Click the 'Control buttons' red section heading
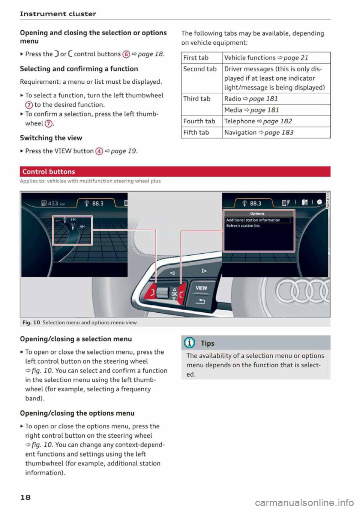pos(49,172)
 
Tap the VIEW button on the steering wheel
pos(201,288)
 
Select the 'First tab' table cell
pos(196,58)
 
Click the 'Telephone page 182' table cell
pos(258,121)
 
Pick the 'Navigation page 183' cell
pos(259,132)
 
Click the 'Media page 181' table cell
pos(252,110)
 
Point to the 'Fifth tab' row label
pos(196,132)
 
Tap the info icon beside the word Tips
pos(190,343)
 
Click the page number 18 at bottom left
pos(25,497)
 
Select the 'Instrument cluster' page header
pos(58,14)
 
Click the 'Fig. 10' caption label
pos(31,322)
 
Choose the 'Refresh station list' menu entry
pos(243,226)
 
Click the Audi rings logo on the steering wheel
pos(302,291)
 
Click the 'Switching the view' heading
pos(51,138)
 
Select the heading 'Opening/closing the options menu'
pos(77,413)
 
